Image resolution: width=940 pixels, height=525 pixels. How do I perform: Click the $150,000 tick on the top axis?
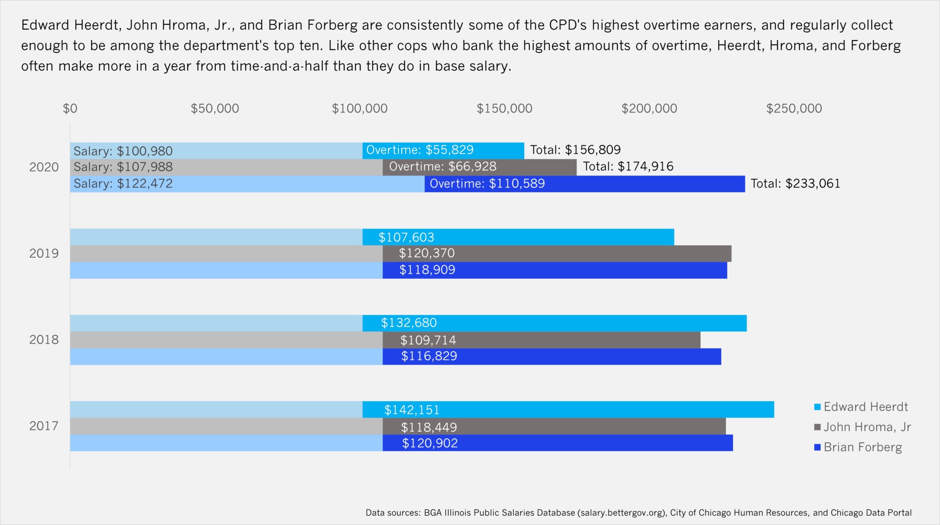point(504,109)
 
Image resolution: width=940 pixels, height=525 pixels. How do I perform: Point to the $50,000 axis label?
point(215,109)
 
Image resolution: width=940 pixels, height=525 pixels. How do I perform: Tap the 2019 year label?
point(44,254)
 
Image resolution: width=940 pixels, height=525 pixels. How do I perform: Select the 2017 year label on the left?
point(44,426)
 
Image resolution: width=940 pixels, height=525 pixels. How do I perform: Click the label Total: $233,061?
point(795,184)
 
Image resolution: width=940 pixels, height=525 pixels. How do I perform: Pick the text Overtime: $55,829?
point(420,150)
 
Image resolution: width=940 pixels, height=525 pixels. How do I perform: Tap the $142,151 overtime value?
point(412,410)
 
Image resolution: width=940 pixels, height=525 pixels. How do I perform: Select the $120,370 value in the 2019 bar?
point(426,253)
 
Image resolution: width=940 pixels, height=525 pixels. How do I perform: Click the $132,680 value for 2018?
point(408,323)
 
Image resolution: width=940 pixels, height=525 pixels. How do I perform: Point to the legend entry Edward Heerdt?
point(865,407)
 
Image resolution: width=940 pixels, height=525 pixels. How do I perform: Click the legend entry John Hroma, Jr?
point(867,427)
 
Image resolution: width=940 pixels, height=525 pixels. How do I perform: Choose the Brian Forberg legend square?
point(817,447)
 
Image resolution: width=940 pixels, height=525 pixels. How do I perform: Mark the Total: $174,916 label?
point(628,166)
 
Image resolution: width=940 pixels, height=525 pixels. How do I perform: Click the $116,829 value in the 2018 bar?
point(429,356)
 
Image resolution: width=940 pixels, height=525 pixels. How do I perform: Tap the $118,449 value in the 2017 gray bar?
point(429,427)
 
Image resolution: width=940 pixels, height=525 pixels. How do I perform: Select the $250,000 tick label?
point(794,109)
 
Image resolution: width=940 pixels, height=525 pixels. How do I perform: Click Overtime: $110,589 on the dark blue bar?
point(487,184)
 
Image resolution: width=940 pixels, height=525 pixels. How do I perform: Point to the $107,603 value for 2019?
point(406,238)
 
